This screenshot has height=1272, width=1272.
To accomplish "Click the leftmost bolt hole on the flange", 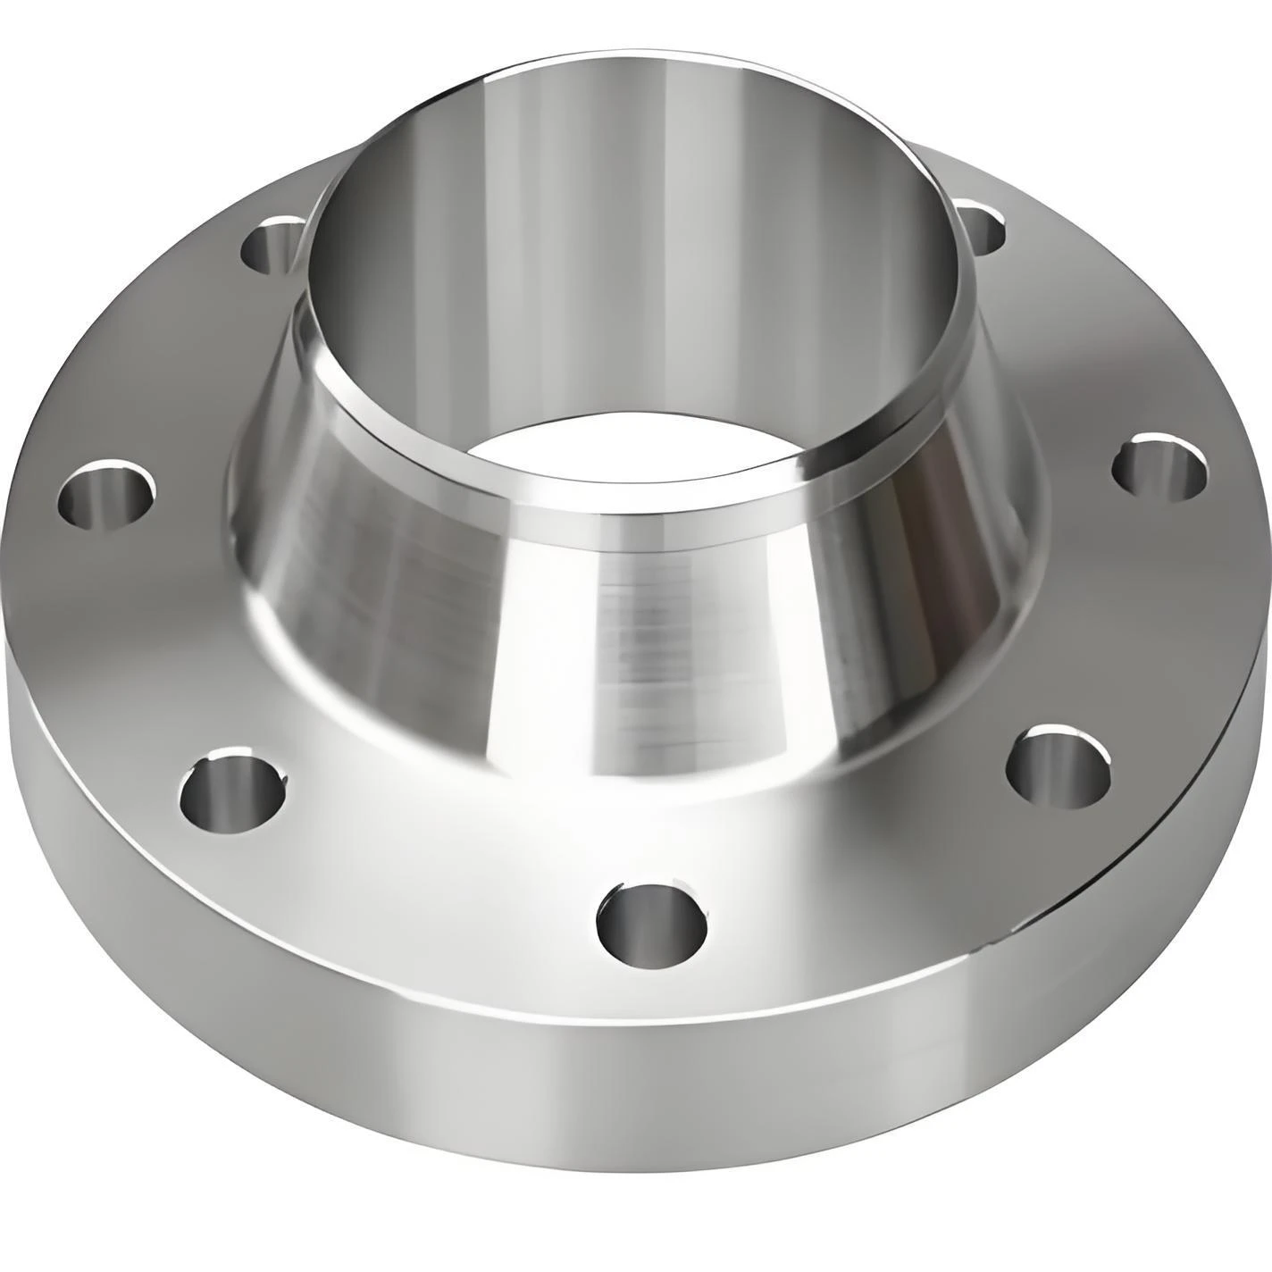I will [106, 494].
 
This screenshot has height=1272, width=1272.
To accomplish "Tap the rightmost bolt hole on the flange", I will [1159, 467].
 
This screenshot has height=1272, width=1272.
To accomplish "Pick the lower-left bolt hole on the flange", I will [233, 789].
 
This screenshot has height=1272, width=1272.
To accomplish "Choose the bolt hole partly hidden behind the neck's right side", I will [986, 227].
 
